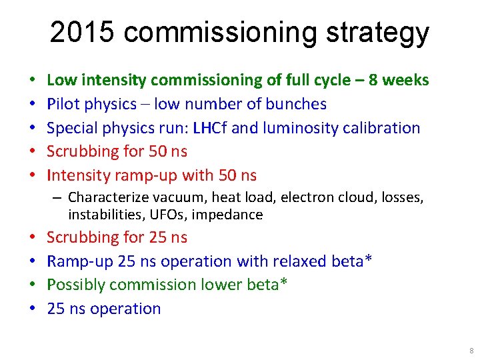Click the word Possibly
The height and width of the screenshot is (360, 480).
74,285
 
